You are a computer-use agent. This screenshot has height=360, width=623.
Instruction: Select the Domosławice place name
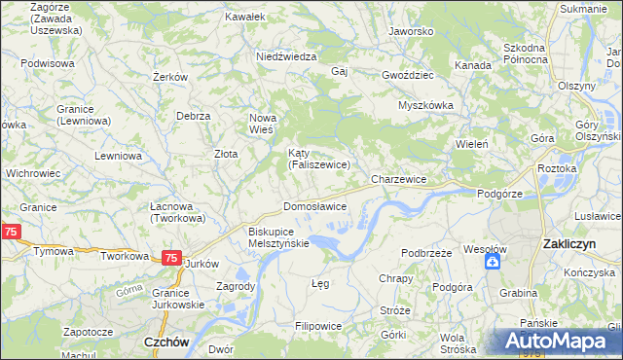(314, 207)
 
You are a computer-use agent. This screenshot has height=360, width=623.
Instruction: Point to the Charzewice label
(399, 180)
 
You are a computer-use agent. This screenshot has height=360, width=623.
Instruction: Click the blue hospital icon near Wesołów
(494, 262)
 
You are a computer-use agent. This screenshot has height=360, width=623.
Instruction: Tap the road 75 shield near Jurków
(170, 258)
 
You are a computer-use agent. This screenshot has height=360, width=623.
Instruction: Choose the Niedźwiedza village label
(286, 56)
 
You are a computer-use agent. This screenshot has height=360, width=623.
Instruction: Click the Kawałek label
(244, 17)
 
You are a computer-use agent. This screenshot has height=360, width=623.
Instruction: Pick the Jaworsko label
(410, 31)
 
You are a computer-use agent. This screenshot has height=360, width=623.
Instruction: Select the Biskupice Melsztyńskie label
(278, 237)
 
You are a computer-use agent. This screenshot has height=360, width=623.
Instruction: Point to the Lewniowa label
(119, 155)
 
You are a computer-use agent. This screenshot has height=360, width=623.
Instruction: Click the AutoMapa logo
(557, 341)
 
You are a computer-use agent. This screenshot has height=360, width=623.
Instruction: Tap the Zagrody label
(237, 286)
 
